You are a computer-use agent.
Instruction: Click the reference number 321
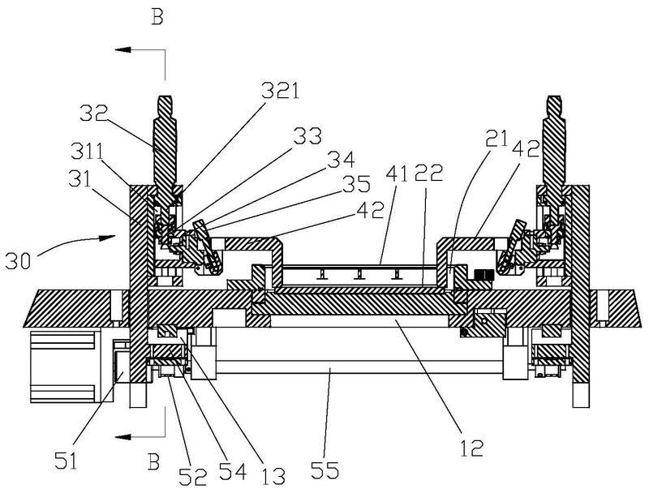pyautogui.click(x=280, y=91)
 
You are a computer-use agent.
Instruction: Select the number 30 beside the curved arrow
pyautogui.click(x=18, y=261)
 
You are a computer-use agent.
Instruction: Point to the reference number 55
pyautogui.click(x=326, y=469)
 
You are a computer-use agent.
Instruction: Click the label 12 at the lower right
pyautogui.click(x=472, y=448)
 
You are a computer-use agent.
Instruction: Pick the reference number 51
pyautogui.click(x=67, y=461)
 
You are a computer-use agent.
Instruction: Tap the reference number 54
pyautogui.click(x=233, y=471)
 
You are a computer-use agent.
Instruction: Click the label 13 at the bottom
pyautogui.click(x=273, y=476)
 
